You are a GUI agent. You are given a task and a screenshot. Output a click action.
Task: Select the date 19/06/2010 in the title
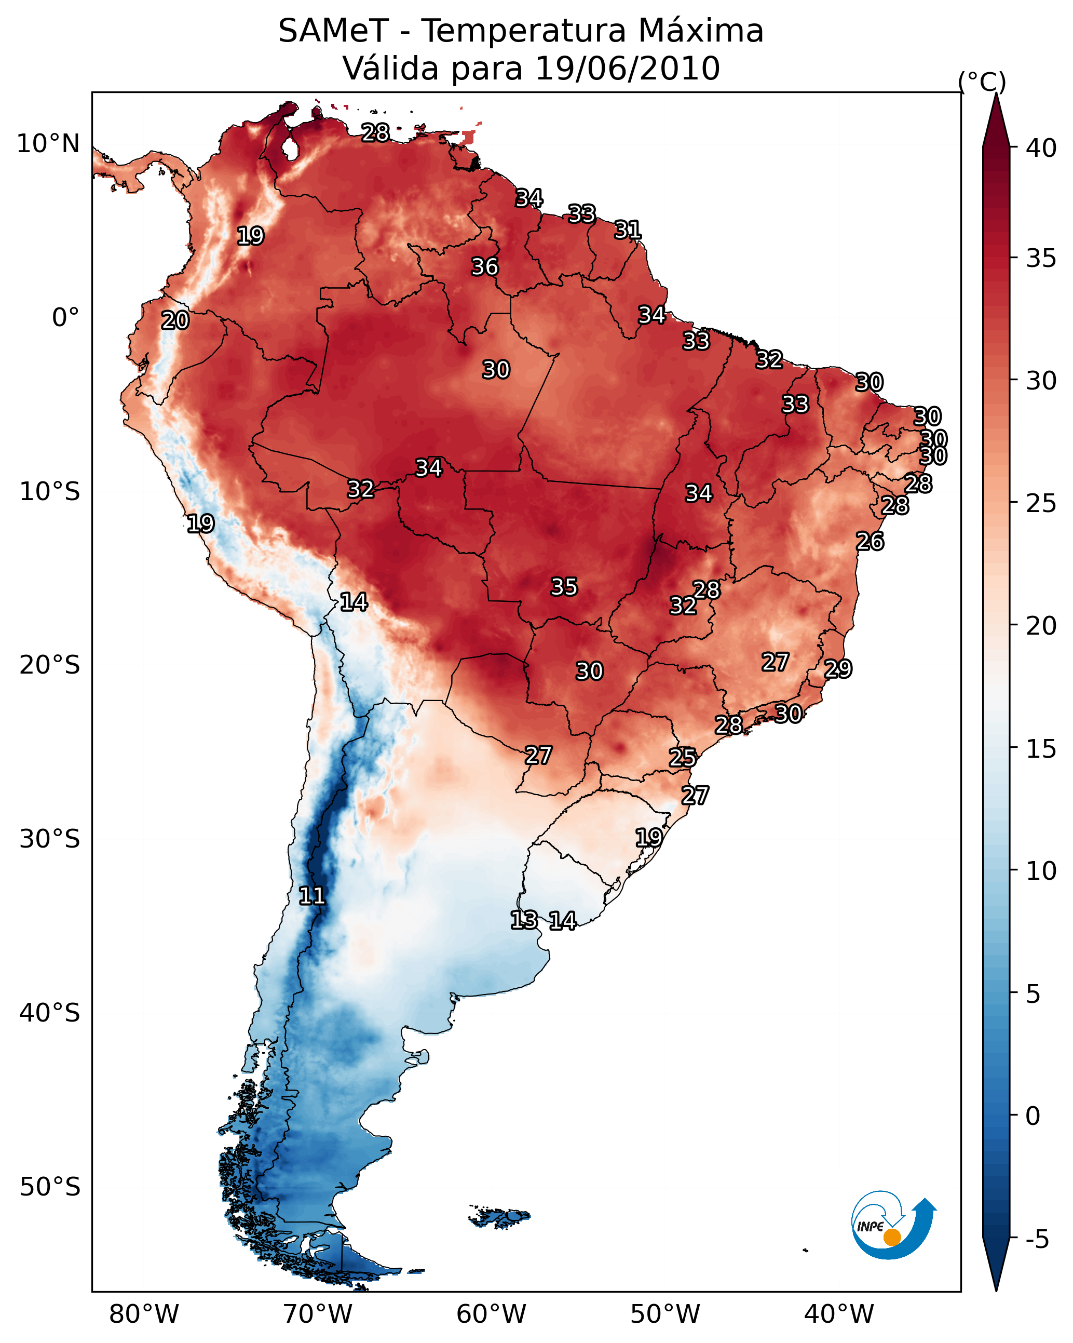pos(627,69)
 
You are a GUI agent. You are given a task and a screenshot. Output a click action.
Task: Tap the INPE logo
pos(893,1225)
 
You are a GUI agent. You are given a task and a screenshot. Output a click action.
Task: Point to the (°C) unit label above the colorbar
pos(982,82)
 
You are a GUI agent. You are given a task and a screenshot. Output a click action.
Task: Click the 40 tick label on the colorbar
pos(1041,148)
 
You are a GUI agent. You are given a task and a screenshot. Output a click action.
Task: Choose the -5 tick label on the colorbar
pos(1037,1240)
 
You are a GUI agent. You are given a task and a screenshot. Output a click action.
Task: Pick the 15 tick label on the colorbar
pos(1041,749)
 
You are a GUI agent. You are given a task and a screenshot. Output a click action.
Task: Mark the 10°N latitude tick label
pos(48,144)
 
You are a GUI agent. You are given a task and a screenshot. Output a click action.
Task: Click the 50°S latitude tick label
pos(50,1187)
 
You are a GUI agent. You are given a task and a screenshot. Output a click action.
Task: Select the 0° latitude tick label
pos(65,318)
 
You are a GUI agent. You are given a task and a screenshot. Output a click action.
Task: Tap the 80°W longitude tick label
pos(144,1314)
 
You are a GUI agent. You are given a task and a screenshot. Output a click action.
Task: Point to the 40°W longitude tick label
pos(839,1314)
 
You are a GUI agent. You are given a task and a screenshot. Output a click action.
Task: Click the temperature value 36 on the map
pos(484,266)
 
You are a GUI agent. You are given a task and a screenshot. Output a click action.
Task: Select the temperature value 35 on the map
pos(564,587)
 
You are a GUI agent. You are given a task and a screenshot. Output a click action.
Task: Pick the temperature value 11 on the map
pos(312,896)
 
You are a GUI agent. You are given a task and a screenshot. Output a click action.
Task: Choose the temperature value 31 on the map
pos(628,230)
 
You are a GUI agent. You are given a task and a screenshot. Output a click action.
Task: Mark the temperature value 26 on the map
pos(870,541)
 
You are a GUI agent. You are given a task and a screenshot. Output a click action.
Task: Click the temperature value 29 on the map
pos(838,669)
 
